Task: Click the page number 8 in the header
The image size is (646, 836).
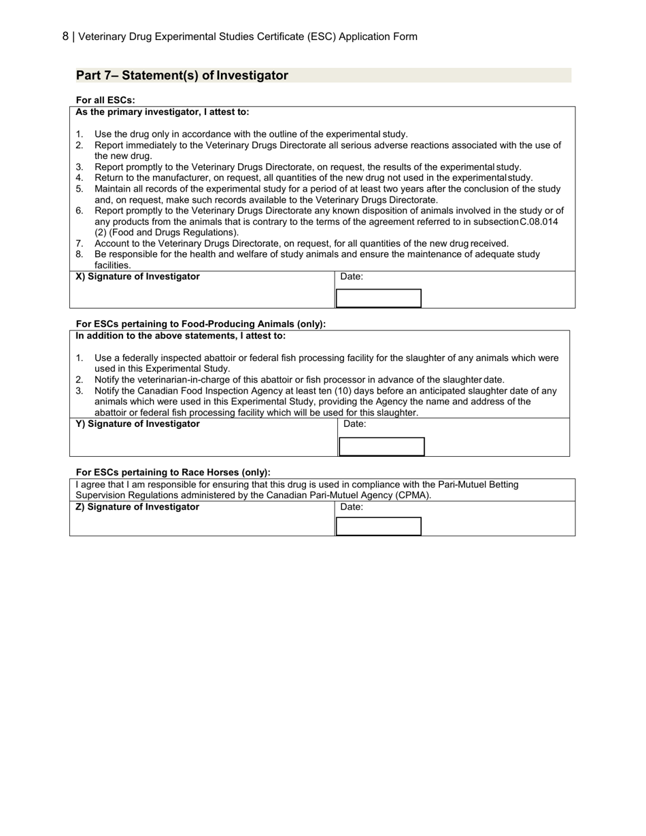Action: click(65, 36)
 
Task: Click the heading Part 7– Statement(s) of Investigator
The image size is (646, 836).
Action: click(182, 75)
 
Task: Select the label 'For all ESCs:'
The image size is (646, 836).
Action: click(105, 100)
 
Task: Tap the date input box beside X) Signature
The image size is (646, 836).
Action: click(379, 298)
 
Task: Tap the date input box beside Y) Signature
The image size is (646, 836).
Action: click(381, 447)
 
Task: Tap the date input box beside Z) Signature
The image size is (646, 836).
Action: click(379, 527)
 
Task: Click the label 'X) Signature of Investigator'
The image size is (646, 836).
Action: click(137, 277)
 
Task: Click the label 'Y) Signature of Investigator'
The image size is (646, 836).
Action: click(137, 424)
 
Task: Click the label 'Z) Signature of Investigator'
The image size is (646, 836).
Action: click(137, 507)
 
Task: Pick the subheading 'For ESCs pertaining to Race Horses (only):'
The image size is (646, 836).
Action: click(173, 472)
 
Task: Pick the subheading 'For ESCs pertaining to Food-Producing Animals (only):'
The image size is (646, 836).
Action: click(201, 324)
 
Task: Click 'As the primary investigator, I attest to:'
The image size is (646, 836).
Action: click(162, 112)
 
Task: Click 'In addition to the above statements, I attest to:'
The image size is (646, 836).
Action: click(180, 336)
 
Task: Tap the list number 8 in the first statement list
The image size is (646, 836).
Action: click(79, 254)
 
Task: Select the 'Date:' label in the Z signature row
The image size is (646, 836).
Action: click(352, 507)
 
